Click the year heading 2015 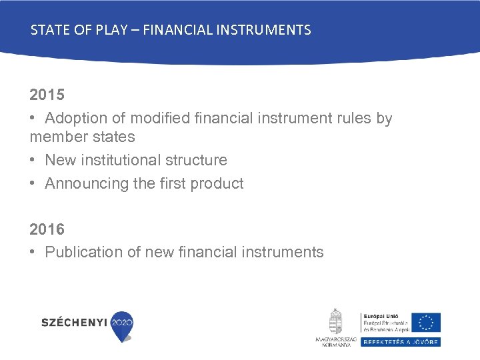click(47, 95)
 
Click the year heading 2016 click(47, 229)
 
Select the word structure click(196, 161)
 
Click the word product click(217, 184)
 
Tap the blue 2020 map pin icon click(122, 325)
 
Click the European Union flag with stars click(425, 322)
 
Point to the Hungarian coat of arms click(336, 321)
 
